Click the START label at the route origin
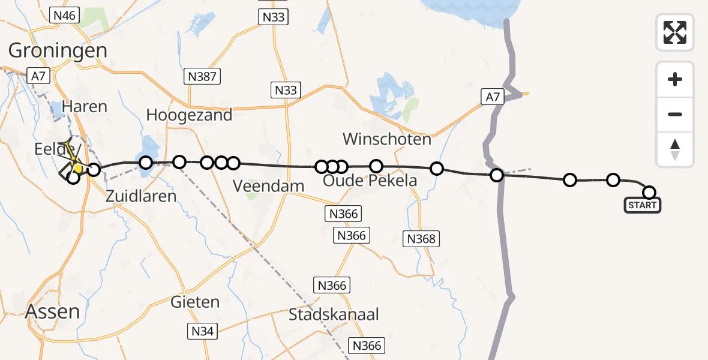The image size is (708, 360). pyautogui.click(x=643, y=206)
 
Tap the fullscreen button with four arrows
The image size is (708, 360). pyautogui.click(x=675, y=32)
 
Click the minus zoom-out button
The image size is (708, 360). pyautogui.click(x=675, y=114)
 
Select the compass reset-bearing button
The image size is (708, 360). pyautogui.click(x=675, y=149)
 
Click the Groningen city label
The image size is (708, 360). pyautogui.click(x=58, y=50)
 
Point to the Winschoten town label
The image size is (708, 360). pyautogui.click(x=387, y=140)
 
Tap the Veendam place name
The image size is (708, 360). pyautogui.click(x=269, y=186)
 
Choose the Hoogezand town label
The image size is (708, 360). pyautogui.click(x=189, y=115)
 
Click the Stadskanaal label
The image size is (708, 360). pyautogui.click(x=334, y=314)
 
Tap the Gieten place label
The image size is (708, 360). pyautogui.click(x=195, y=302)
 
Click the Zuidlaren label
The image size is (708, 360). pyautogui.click(x=141, y=196)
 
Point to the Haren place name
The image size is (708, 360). pyautogui.click(x=88, y=107)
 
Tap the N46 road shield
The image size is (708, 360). pyautogui.click(x=64, y=16)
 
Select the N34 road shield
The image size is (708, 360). pyautogui.click(x=204, y=330)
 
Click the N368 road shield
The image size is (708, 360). pyautogui.click(x=421, y=239)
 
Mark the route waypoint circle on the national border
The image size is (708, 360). pyautogui.click(x=497, y=175)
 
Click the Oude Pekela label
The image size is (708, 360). pyautogui.click(x=370, y=180)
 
